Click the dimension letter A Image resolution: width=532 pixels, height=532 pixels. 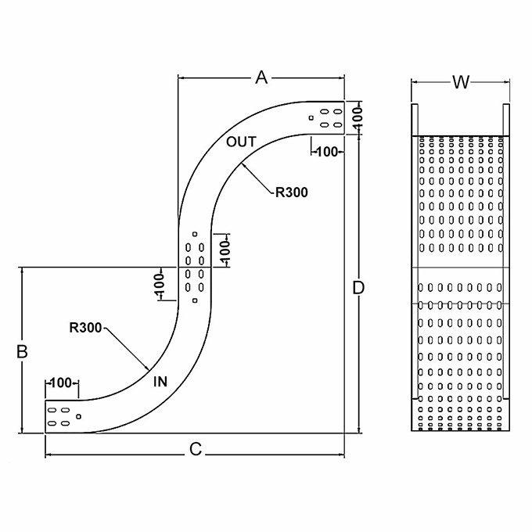point(261,77)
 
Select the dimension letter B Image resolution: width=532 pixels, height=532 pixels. point(23,351)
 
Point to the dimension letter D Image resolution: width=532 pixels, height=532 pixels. point(358,288)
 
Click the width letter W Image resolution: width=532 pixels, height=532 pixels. point(461,81)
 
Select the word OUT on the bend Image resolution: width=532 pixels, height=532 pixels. point(241,142)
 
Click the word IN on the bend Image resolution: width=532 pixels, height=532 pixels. point(160,382)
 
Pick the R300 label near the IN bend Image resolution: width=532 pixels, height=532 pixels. point(85,328)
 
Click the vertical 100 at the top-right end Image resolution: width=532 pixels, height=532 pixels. point(358,118)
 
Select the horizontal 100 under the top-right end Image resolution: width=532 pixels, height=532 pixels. point(325,151)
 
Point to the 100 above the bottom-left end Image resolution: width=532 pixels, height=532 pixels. point(61,383)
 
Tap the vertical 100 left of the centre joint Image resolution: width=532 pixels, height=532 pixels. point(160,286)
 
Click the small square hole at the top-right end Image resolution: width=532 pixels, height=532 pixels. point(311,118)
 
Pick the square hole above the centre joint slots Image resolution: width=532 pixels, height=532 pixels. point(194,234)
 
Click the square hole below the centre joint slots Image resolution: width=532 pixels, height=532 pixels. point(194,300)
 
